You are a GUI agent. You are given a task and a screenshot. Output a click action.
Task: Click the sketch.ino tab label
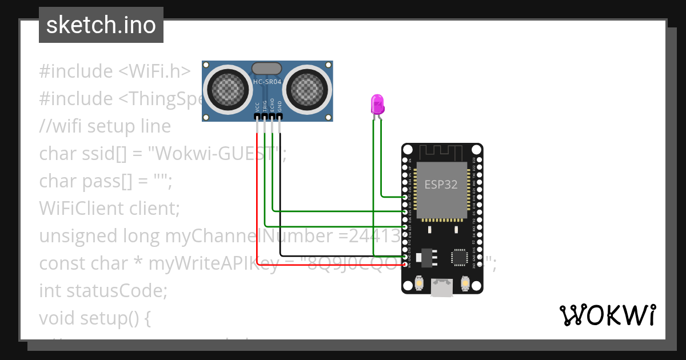[x=101, y=25]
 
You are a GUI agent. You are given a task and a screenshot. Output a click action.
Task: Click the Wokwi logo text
[x=607, y=315]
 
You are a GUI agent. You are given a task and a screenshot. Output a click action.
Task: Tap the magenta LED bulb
[x=377, y=104]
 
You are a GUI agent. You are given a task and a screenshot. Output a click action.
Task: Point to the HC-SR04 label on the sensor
[x=267, y=82]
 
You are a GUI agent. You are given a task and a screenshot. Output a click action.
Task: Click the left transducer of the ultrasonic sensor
[x=227, y=89]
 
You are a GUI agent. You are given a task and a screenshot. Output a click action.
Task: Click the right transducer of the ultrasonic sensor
[x=307, y=89]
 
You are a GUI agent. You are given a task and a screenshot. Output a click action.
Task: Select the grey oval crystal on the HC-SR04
[x=267, y=68]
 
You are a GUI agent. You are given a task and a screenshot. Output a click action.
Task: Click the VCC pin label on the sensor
[x=257, y=106]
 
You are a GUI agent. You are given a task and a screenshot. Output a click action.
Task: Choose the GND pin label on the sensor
[x=280, y=106]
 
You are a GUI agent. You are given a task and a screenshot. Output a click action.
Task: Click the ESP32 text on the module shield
[x=441, y=184]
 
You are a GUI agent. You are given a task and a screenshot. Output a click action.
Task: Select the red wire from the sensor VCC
[x=257, y=200]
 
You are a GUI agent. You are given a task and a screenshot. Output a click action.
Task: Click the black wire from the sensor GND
[x=280, y=194]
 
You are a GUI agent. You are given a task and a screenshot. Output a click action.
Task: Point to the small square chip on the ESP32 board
[x=460, y=257]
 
